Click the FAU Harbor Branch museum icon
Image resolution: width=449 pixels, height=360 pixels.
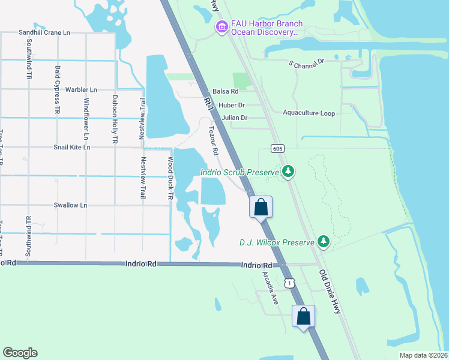221,27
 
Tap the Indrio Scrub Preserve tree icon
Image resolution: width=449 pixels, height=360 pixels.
289,172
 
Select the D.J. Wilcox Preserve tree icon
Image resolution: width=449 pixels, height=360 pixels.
324,241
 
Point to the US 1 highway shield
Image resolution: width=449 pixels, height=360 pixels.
290,283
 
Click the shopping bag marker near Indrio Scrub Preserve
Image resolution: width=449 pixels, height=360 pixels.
261,208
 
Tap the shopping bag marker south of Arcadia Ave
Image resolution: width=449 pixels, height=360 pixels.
304,316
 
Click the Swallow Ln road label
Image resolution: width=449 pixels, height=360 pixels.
70,205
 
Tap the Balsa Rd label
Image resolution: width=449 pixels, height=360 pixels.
226,91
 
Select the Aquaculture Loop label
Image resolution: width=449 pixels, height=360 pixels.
309,113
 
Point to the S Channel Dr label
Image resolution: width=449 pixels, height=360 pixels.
306,62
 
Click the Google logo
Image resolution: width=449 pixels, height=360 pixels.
20,353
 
